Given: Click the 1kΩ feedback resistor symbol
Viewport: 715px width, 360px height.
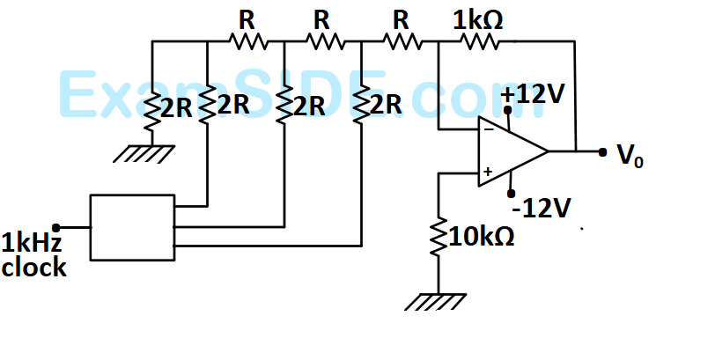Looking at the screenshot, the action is click(479, 42).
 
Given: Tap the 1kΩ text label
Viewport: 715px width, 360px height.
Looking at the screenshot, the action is click(477, 20).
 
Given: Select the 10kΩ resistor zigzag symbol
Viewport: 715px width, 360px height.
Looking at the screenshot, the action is click(439, 238).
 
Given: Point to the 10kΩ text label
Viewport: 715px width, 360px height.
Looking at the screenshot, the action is click(482, 237).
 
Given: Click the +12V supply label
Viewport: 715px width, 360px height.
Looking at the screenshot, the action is click(533, 94).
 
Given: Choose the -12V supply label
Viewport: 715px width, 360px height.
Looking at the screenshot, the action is click(542, 209).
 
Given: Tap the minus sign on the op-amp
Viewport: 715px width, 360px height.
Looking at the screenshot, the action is click(489, 130).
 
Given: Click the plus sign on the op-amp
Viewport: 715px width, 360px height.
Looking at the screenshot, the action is click(488, 172).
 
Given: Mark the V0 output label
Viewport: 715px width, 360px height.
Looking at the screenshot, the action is click(630, 155).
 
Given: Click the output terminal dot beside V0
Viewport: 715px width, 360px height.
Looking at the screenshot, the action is click(602, 152).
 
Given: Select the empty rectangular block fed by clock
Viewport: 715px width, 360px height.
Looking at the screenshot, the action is click(132, 227).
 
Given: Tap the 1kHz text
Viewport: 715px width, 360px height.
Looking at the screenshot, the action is click(31, 242).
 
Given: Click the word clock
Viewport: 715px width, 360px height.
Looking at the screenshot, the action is click(34, 267).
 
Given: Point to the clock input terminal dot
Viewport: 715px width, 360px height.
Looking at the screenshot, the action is click(56, 227).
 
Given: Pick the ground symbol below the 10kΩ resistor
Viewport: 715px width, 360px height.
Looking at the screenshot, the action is click(436, 302).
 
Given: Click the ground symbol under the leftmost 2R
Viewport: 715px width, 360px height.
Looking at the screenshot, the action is click(144, 154).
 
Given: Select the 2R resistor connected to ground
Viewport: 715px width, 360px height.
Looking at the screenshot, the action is click(151, 108).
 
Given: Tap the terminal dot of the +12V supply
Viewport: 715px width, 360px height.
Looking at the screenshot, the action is click(507, 110).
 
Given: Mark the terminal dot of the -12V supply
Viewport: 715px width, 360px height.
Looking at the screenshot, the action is click(512, 194).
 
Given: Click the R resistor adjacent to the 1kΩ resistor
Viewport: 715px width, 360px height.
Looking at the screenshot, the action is click(402, 42).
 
